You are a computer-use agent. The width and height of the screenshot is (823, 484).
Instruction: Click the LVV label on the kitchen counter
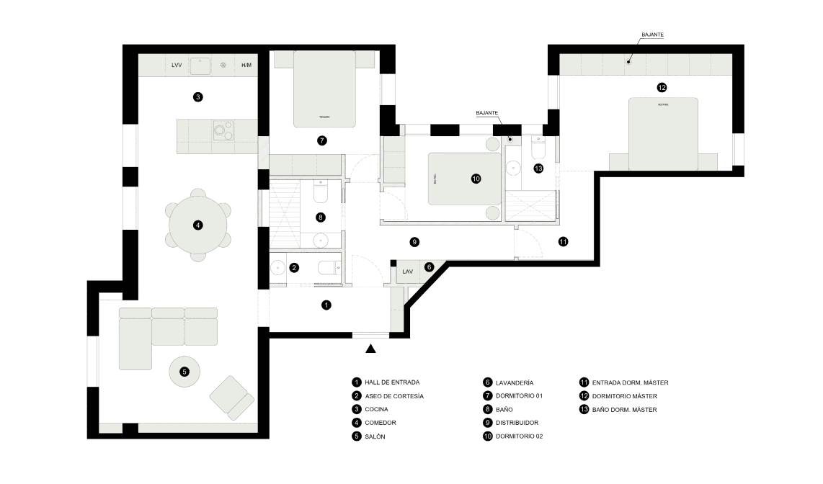pos(177,66)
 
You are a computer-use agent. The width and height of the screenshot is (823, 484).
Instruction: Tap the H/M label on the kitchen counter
pos(246,66)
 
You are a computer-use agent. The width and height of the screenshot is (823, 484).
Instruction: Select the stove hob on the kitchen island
pos(223,130)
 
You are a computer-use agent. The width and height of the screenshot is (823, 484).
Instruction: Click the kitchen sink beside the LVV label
pos(200,66)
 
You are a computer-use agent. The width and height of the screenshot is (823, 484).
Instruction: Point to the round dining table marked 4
pos(197,225)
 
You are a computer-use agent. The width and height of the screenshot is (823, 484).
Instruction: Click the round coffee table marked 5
pos(184,371)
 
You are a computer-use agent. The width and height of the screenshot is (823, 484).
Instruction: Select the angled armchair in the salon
pos(231,397)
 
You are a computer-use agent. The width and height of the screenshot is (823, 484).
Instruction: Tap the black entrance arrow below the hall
pos(371,349)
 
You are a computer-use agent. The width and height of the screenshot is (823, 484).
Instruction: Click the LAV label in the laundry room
pos(408,272)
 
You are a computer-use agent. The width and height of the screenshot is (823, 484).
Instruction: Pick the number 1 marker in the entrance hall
pos(326,305)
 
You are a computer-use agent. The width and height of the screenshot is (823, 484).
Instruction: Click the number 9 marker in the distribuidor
pos(414,241)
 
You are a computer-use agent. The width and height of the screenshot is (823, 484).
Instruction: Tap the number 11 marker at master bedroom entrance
pos(563,241)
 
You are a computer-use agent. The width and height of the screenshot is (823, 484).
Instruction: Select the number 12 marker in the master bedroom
pos(662,88)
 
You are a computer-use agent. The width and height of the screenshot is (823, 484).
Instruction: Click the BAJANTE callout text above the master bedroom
pos(652,34)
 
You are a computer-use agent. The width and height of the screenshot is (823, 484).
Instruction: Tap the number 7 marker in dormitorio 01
pos(322,140)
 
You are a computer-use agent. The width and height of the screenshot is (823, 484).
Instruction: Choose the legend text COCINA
pos(377,409)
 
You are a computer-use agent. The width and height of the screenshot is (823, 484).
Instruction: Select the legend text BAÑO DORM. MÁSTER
pos(625,410)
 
